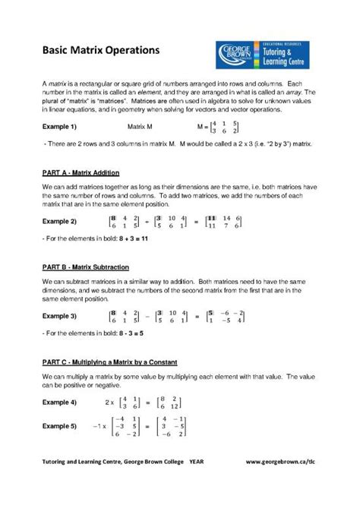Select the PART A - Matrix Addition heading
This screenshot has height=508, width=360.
(80, 173)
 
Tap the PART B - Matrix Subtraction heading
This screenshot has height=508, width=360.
(85, 267)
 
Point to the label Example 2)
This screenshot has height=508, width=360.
(58, 221)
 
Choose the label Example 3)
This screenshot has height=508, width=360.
(58, 315)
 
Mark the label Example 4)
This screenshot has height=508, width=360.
(58, 401)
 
